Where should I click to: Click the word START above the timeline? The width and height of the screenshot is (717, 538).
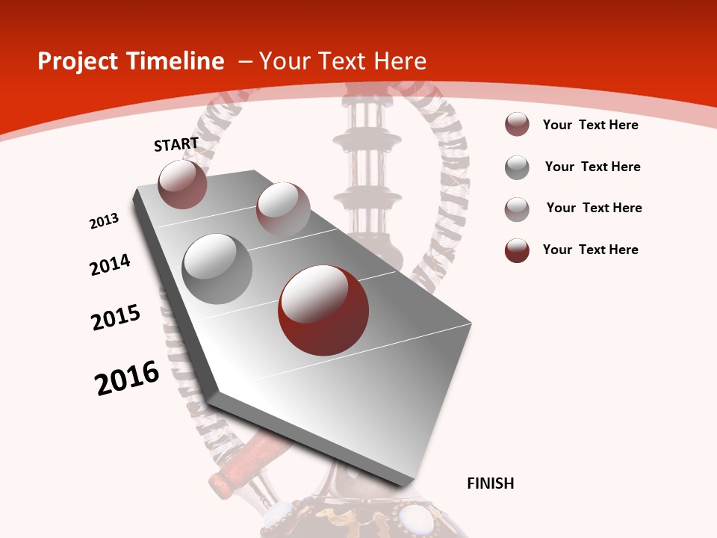tap(176, 143)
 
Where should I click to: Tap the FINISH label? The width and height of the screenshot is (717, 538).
tap(491, 483)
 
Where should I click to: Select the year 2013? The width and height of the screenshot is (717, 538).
tap(105, 221)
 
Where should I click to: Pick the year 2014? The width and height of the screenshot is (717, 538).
tap(111, 265)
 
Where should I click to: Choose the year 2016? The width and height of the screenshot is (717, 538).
tap(127, 377)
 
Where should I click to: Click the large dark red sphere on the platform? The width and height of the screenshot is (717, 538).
tap(323, 310)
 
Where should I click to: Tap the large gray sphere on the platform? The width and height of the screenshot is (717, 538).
tap(217, 269)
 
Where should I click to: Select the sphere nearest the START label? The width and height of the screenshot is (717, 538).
tap(183, 184)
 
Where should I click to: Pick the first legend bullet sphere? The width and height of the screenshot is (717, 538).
tap(517, 125)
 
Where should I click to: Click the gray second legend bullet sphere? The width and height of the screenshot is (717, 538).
tap(517, 167)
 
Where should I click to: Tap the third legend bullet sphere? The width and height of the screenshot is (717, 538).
tap(517, 209)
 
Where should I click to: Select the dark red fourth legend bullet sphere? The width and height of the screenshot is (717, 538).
tap(517, 251)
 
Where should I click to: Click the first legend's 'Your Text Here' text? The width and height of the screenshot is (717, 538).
tap(590, 125)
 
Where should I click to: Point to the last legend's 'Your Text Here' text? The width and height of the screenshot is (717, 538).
tap(590, 250)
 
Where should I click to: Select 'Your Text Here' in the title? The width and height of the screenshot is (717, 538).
tap(342, 61)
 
